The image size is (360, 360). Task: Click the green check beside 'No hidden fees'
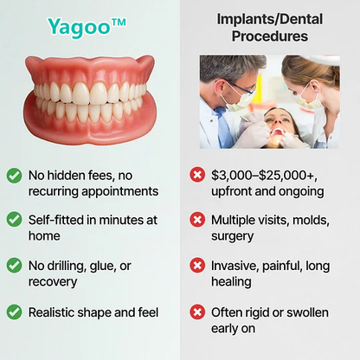pos(15,175)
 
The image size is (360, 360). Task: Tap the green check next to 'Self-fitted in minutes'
pos(15,220)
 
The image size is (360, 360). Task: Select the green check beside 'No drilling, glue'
pos(15,265)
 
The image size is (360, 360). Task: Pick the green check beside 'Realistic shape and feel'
pos(15,311)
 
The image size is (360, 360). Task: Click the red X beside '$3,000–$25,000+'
pos(198,175)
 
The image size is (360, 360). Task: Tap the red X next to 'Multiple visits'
pos(198,220)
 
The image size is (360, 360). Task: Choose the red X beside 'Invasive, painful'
pos(198,265)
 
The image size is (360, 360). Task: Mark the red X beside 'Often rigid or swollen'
pos(198,311)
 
